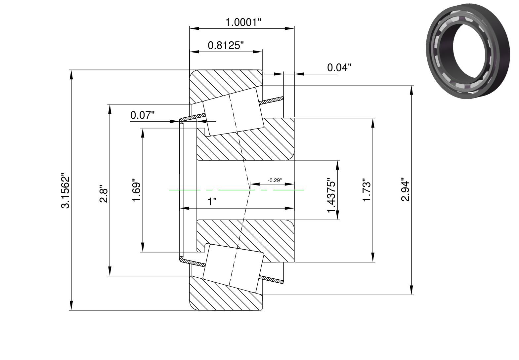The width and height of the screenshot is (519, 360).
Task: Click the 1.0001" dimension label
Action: (243, 22)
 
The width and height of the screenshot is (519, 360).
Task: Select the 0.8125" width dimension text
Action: (226, 45)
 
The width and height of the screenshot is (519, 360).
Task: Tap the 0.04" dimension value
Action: (339, 67)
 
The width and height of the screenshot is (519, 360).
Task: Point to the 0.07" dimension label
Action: (142, 115)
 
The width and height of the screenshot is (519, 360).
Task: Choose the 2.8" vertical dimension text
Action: (104, 193)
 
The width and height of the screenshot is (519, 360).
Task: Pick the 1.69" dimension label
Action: (137, 190)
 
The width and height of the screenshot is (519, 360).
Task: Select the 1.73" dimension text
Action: (367, 190)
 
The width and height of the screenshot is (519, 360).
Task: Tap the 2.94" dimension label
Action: (405, 190)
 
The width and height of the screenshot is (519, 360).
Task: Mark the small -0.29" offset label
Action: (275, 180)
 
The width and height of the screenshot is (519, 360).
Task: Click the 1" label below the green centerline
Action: (212, 202)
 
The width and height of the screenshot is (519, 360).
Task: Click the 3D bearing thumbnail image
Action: (468, 51)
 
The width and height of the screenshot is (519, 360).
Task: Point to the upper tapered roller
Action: (233, 112)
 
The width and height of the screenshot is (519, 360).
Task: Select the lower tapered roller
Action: (233, 268)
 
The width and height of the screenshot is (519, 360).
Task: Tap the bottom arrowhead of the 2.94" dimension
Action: (411, 290)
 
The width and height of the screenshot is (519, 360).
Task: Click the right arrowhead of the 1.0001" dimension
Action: (289, 28)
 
